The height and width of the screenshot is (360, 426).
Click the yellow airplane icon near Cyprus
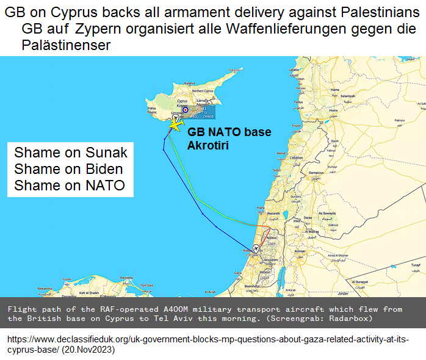click(176, 124)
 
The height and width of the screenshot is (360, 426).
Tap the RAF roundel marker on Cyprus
click(187, 110)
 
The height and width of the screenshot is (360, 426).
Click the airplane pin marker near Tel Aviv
click(256, 248)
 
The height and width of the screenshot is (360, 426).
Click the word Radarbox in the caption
click(348, 319)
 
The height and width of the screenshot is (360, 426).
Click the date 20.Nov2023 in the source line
click(87, 351)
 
